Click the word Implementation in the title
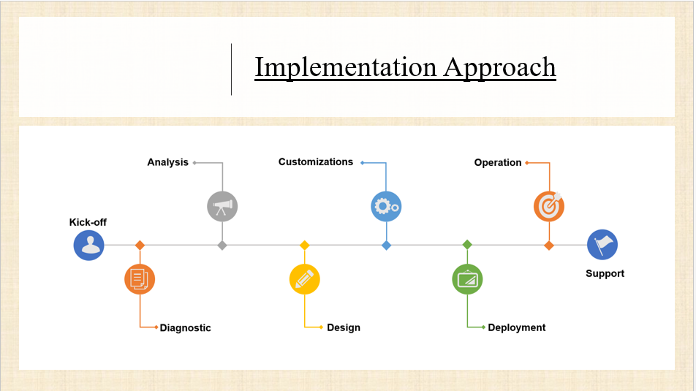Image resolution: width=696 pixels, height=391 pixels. [x=345, y=67]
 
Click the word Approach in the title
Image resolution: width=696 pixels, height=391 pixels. [x=500, y=67]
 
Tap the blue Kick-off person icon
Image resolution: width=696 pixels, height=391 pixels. [x=88, y=245]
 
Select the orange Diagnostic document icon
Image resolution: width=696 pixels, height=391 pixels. [x=140, y=279]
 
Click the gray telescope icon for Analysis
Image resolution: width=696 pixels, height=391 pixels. [x=222, y=206]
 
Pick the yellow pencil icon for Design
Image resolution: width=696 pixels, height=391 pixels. [x=304, y=279]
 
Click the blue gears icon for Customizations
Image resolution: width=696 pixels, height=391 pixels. [x=386, y=206]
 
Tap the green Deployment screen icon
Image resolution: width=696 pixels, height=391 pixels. [x=467, y=279]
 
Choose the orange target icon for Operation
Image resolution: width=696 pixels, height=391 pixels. [x=549, y=206]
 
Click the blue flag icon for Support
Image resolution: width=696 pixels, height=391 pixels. [x=602, y=245]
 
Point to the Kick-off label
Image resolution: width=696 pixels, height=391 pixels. [x=88, y=222]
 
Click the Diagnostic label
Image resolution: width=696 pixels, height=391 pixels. [x=186, y=328]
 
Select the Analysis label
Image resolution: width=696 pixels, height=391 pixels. [x=168, y=162]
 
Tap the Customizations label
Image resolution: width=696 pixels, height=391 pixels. [x=316, y=162]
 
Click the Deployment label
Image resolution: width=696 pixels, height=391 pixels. [x=517, y=327]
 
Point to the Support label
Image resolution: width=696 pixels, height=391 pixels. [x=605, y=273]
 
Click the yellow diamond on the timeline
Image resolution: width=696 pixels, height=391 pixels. [x=304, y=245]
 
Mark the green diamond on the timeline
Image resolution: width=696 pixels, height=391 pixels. [x=467, y=245]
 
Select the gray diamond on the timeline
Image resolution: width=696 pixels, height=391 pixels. [x=222, y=246]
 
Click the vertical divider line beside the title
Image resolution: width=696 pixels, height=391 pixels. [x=231, y=69]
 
